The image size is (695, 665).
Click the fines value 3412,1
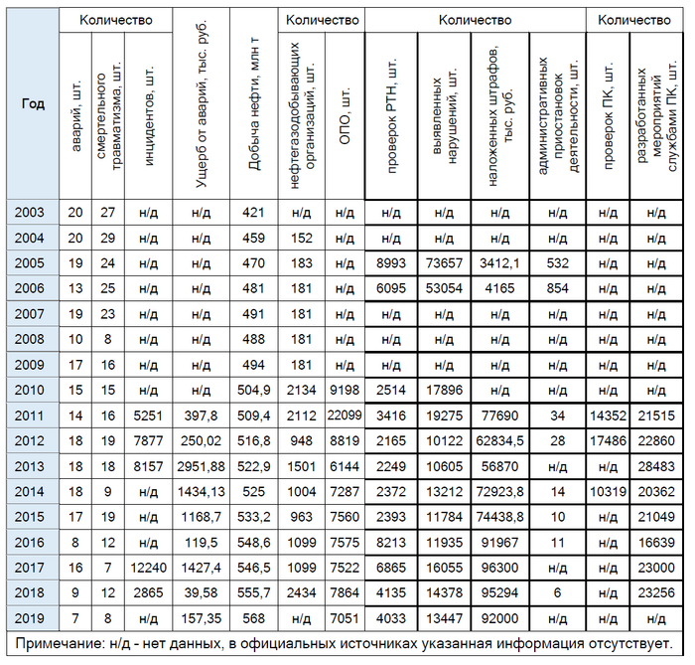[500, 263]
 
